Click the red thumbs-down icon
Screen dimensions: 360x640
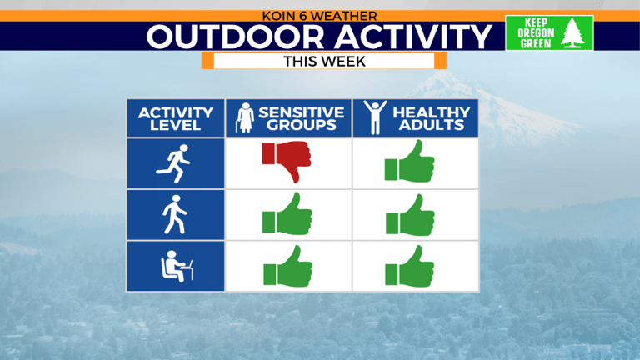(286, 161)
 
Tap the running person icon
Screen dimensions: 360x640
(174, 163)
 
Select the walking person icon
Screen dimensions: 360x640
(175, 215)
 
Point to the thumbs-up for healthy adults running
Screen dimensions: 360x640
(409, 161)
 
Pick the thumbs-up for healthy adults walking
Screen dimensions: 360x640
(409, 214)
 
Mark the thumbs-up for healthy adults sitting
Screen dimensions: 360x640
(409, 266)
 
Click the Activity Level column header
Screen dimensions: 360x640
(175, 119)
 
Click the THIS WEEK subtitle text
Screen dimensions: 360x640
(324, 61)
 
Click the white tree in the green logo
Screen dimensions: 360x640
(572, 33)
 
